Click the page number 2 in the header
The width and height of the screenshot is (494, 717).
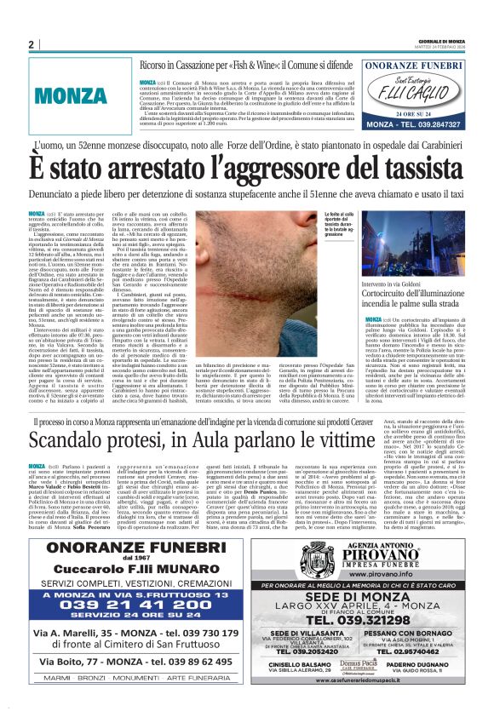coord(31,44)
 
